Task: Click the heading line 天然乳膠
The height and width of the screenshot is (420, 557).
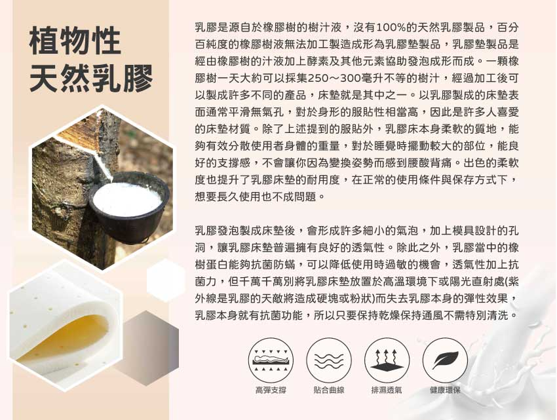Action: point(91,78)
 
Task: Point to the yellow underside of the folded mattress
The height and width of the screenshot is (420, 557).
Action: point(67,337)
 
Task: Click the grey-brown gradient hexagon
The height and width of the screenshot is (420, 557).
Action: point(149,348)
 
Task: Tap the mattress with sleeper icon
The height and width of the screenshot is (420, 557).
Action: point(271,360)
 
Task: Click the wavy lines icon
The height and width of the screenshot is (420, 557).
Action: point(329,360)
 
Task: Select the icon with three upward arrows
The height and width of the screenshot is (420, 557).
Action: point(387,360)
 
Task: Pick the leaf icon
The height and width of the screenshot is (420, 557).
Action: point(445,360)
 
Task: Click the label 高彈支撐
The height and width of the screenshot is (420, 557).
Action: point(271,390)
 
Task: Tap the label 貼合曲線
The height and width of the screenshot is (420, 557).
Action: point(329,390)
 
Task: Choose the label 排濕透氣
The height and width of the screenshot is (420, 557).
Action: point(387,390)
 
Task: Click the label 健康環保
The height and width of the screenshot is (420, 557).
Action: point(445,390)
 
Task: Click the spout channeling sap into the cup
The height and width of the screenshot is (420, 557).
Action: point(103,166)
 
